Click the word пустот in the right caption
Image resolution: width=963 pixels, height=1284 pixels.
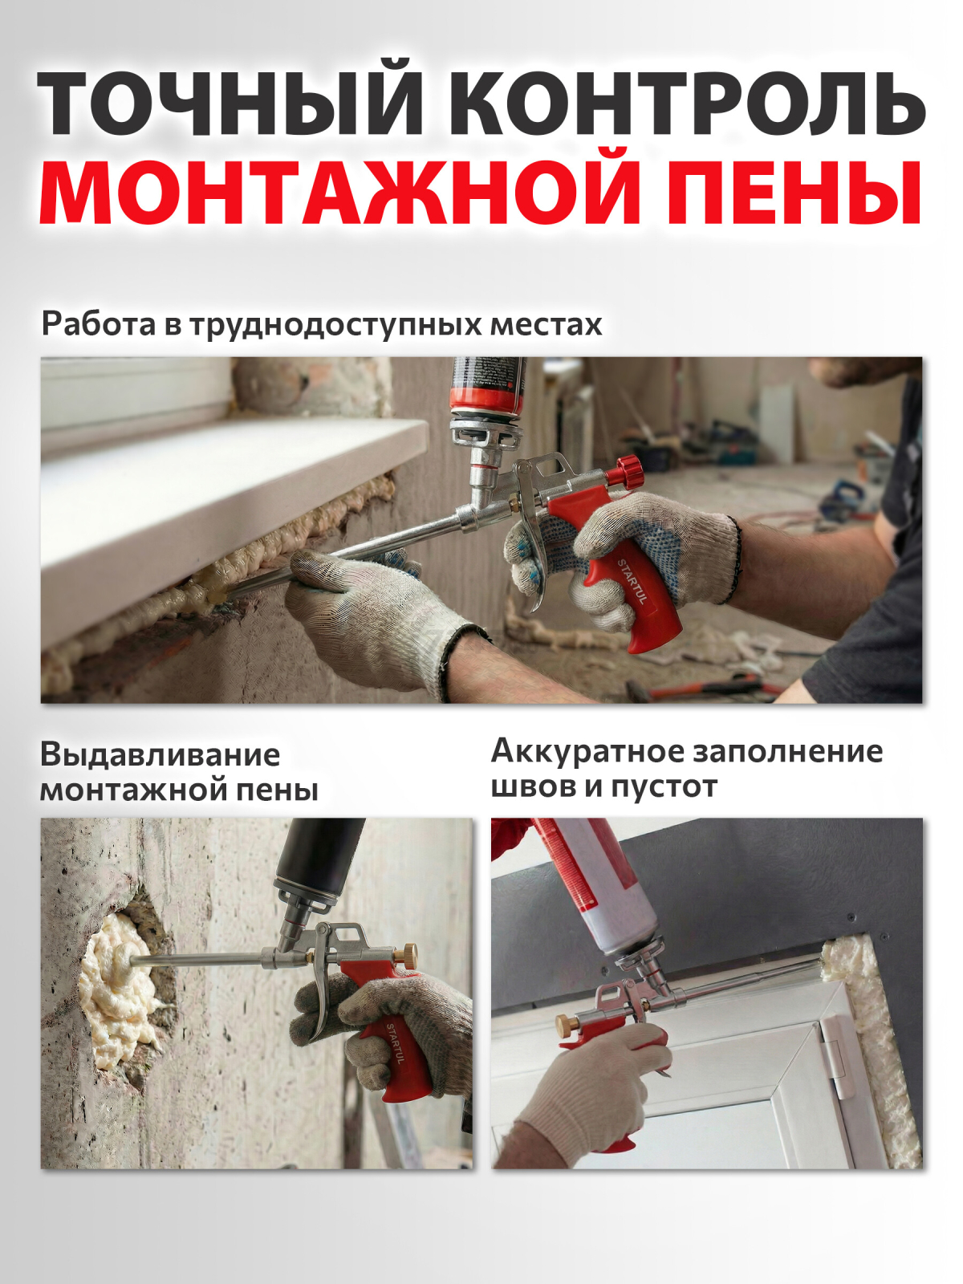point(664,788)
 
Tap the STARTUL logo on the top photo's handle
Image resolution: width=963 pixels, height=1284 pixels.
point(632,581)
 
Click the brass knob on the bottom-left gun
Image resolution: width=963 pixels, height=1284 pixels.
point(404,954)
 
